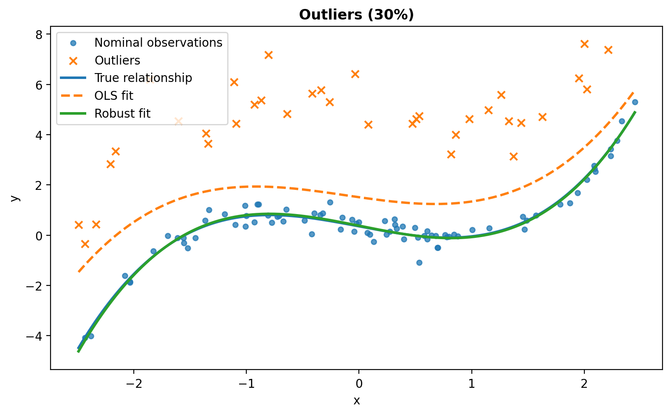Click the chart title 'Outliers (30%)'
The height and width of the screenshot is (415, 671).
pyautogui.click(x=356, y=14)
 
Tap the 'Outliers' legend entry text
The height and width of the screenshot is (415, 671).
pyautogui.click(x=117, y=60)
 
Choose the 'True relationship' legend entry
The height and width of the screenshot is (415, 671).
pyautogui.click(x=143, y=78)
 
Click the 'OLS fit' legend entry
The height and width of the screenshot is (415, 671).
pyautogui.click(x=114, y=96)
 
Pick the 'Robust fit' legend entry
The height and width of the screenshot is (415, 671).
pyautogui.click(x=122, y=113)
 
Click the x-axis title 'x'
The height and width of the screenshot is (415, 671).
pyautogui.click(x=356, y=401)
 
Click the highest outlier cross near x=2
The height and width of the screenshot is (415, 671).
pyautogui.click(x=584, y=44)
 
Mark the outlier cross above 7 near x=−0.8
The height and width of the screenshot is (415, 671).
pyautogui.click(x=268, y=55)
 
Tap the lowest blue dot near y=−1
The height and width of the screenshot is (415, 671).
pyautogui.click(x=420, y=263)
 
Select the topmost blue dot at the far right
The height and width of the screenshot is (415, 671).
pyautogui.click(x=635, y=102)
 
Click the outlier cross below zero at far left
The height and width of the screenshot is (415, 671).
pyautogui.click(x=85, y=244)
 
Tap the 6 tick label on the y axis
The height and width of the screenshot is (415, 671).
pyautogui.click(x=39, y=85)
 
